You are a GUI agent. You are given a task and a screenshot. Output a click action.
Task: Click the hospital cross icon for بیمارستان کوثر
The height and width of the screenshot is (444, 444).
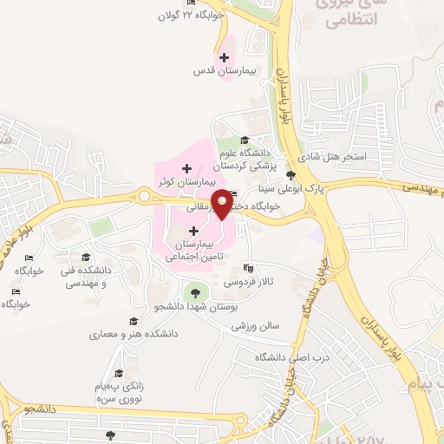pos(186,167)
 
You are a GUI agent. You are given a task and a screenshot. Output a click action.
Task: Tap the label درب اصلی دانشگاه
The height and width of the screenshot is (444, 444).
pos(284,357)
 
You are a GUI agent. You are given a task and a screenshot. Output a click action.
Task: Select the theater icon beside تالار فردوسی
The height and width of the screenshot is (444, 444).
pos(249,268)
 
